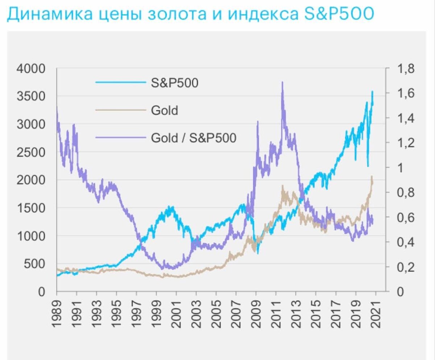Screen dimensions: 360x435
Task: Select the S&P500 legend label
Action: (x=174, y=83)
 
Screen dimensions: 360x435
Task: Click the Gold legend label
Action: (x=164, y=110)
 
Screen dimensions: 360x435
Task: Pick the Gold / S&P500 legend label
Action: (x=193, y=138)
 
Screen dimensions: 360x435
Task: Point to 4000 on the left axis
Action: (x=30, y=69)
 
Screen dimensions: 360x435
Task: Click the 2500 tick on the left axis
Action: (x=30, y=152)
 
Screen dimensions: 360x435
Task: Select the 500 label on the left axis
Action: (x=34, y=264)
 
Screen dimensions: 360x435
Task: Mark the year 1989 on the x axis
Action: (x=57, y=314)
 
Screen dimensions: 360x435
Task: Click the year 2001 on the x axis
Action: (x=177, y=314)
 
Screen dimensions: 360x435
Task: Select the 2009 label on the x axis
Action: (x=256, y=314)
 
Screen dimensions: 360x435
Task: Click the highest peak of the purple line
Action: (x=282, y=83)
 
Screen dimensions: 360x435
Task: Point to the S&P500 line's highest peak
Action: (x=372, y=91)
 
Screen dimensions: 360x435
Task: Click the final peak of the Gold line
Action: (x=372, y=177)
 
